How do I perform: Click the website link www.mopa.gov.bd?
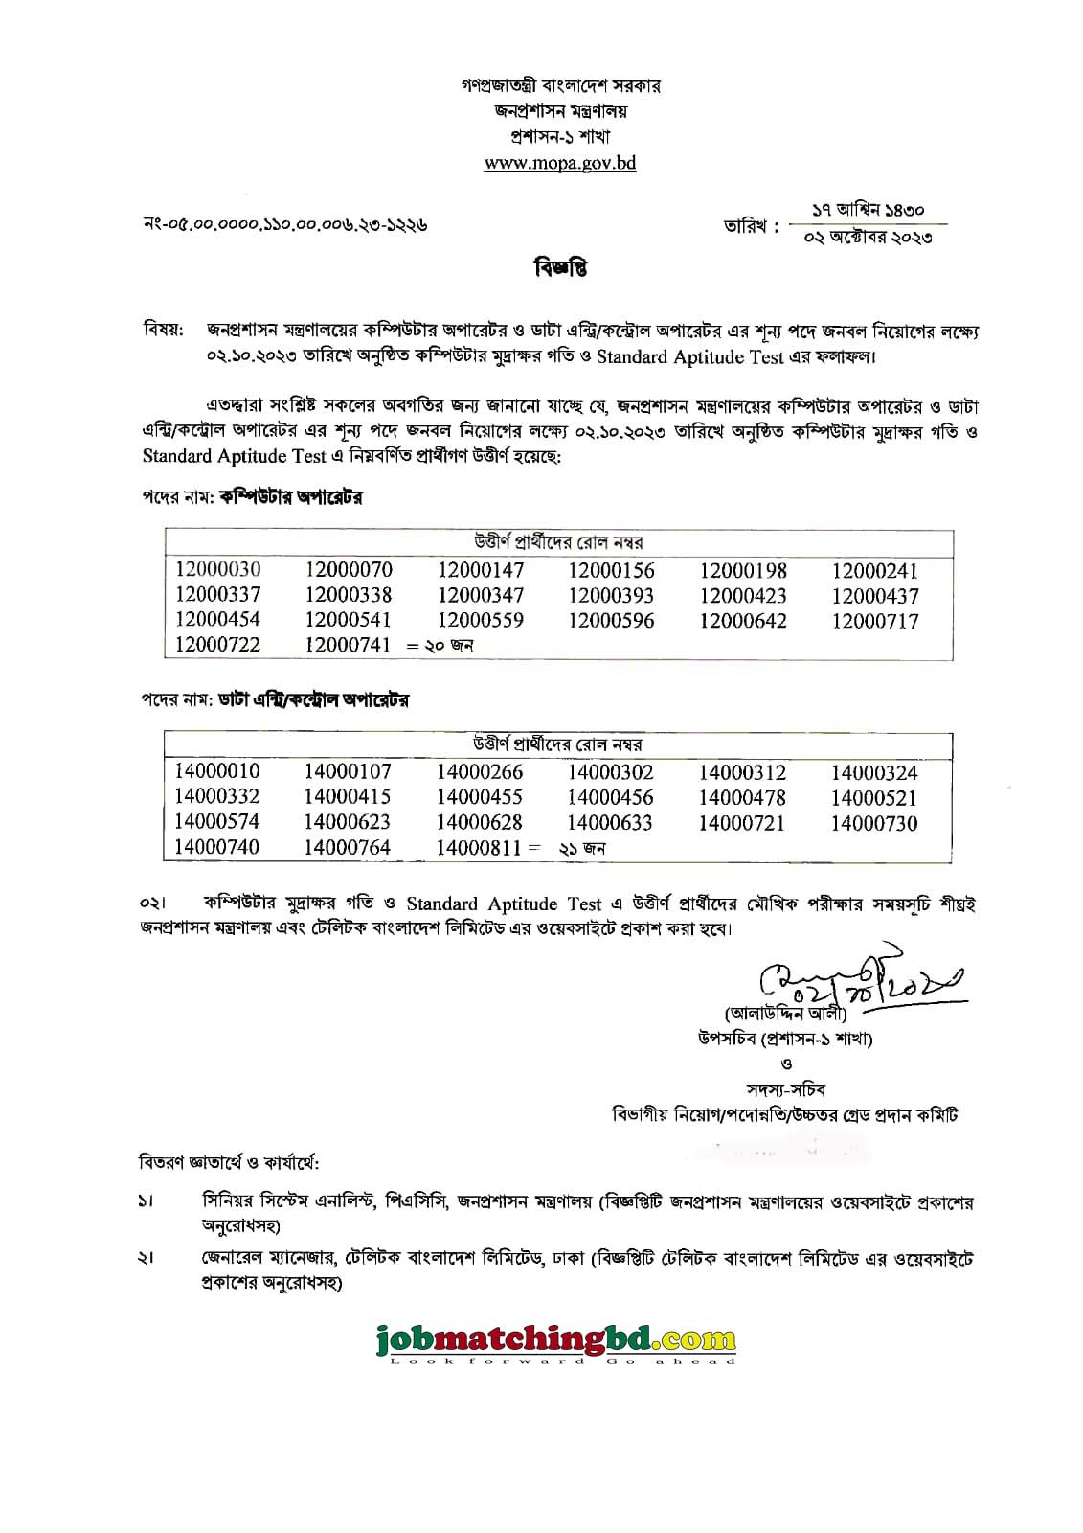(560, 163)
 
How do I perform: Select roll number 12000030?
(217, 570)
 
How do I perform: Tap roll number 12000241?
(874, 571)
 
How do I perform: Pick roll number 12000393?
(611, 596)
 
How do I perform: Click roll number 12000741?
(349, 645)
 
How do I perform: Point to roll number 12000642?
(743, 621)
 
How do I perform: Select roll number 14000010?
(217, 772)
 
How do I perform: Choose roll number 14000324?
(874, 773)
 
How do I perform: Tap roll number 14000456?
(610, 798)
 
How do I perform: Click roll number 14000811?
(480, 848)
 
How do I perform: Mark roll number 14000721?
(742, 823)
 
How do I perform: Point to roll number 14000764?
(348, 848)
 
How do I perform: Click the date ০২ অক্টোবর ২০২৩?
(868, 238)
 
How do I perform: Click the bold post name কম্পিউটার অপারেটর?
(291, 497)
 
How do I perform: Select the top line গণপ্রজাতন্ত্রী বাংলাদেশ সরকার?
(560, 86)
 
